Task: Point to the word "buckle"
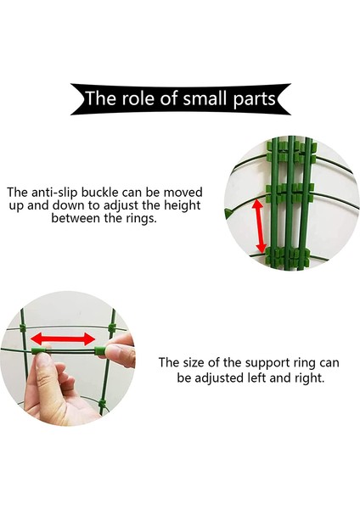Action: click(x=99, y=192)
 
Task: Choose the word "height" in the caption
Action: click(x=182, y=205)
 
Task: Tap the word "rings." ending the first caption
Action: click(x=141, y=219)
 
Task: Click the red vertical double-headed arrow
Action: click(x=259, y=227)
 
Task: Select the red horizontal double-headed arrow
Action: click(x=63, y=338)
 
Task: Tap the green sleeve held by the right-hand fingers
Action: click(x=99, y=351)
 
